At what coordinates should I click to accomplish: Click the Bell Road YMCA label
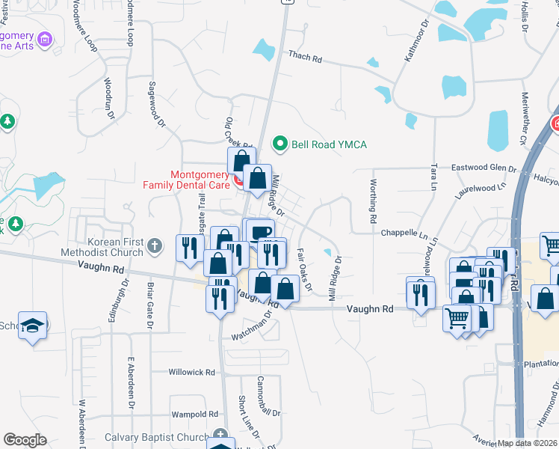tap(329, 144)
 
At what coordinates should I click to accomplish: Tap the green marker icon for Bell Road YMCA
tap(280, 142)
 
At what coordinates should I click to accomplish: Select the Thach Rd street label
tap(306, 57)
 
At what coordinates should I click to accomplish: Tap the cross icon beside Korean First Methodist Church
tap(155, 245)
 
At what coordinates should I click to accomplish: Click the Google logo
tap(25, 440)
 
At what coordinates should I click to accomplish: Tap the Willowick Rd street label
tap(191, 372)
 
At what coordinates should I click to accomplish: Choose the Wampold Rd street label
tap(194, 414)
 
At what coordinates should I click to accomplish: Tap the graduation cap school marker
tap(33, 325)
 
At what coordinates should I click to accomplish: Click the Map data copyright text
tap(528, 443)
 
